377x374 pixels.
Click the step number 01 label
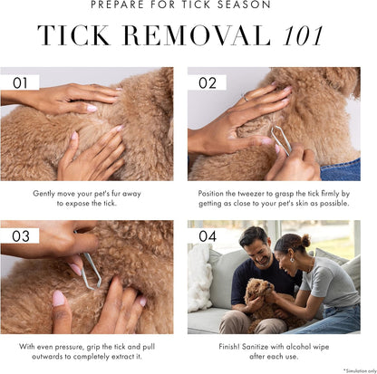(20, 82)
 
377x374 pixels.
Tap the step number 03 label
(20, 235)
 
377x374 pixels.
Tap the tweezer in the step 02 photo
(281, 139)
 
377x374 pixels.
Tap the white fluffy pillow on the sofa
(200, 275)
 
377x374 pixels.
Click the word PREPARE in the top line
(118, 5)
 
